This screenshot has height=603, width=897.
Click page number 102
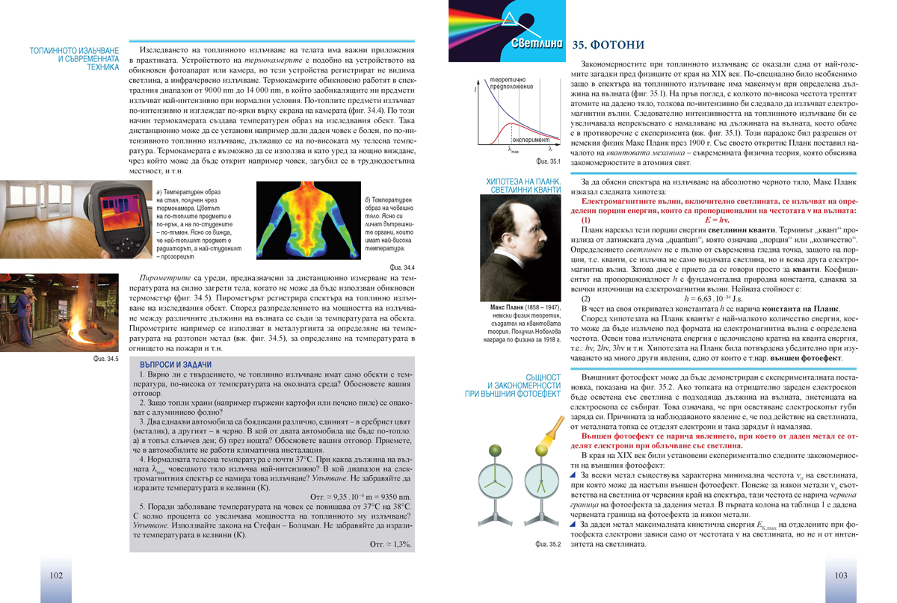click(55, 575)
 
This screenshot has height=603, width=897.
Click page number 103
click(840, 575)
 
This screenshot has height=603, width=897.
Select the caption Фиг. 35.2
click(548, 544)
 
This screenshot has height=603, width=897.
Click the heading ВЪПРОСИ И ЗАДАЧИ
click(191, 365)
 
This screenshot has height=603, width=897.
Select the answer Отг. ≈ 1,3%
click(390, 544)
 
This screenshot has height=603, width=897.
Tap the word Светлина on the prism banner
click(537, 43)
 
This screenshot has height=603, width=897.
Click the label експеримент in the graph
click(531, 139)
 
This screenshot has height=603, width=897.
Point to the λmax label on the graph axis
click(514, 149)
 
